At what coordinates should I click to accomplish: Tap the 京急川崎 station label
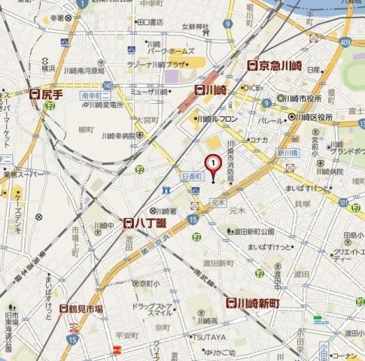click(276, 66)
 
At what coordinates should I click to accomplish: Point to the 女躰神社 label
click(195, 28)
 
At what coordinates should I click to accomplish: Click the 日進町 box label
click(193, 174)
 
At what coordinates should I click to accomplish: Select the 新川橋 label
click(289, 153)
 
